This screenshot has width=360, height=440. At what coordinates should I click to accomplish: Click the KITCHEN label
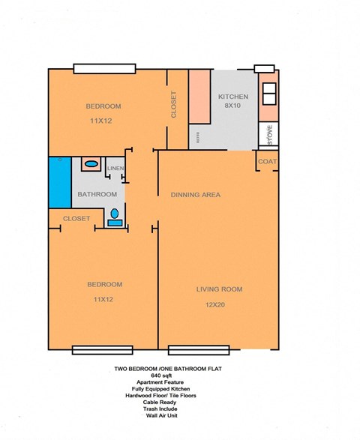(232, 97)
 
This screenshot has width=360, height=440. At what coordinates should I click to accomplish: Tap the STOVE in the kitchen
(269, 135)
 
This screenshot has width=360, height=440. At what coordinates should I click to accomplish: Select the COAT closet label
(268, 162)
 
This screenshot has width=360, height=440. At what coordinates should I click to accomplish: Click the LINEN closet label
(115, 169)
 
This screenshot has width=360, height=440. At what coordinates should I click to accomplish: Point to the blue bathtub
(59, 183)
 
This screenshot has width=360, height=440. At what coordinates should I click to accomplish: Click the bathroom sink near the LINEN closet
(91, 163)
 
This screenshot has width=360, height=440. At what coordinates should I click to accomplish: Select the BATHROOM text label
(97, 195)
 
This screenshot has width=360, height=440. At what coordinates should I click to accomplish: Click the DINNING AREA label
(194, 195)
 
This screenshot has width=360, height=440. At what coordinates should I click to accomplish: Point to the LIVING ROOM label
(219, 289)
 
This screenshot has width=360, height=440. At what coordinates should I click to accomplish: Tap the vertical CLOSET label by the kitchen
(174, 105)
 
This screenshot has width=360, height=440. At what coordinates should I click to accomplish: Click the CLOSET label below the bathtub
(76, 219)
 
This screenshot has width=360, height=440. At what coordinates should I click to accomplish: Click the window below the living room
(199, 349)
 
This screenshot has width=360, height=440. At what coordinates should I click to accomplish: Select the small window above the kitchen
(264, 69)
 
